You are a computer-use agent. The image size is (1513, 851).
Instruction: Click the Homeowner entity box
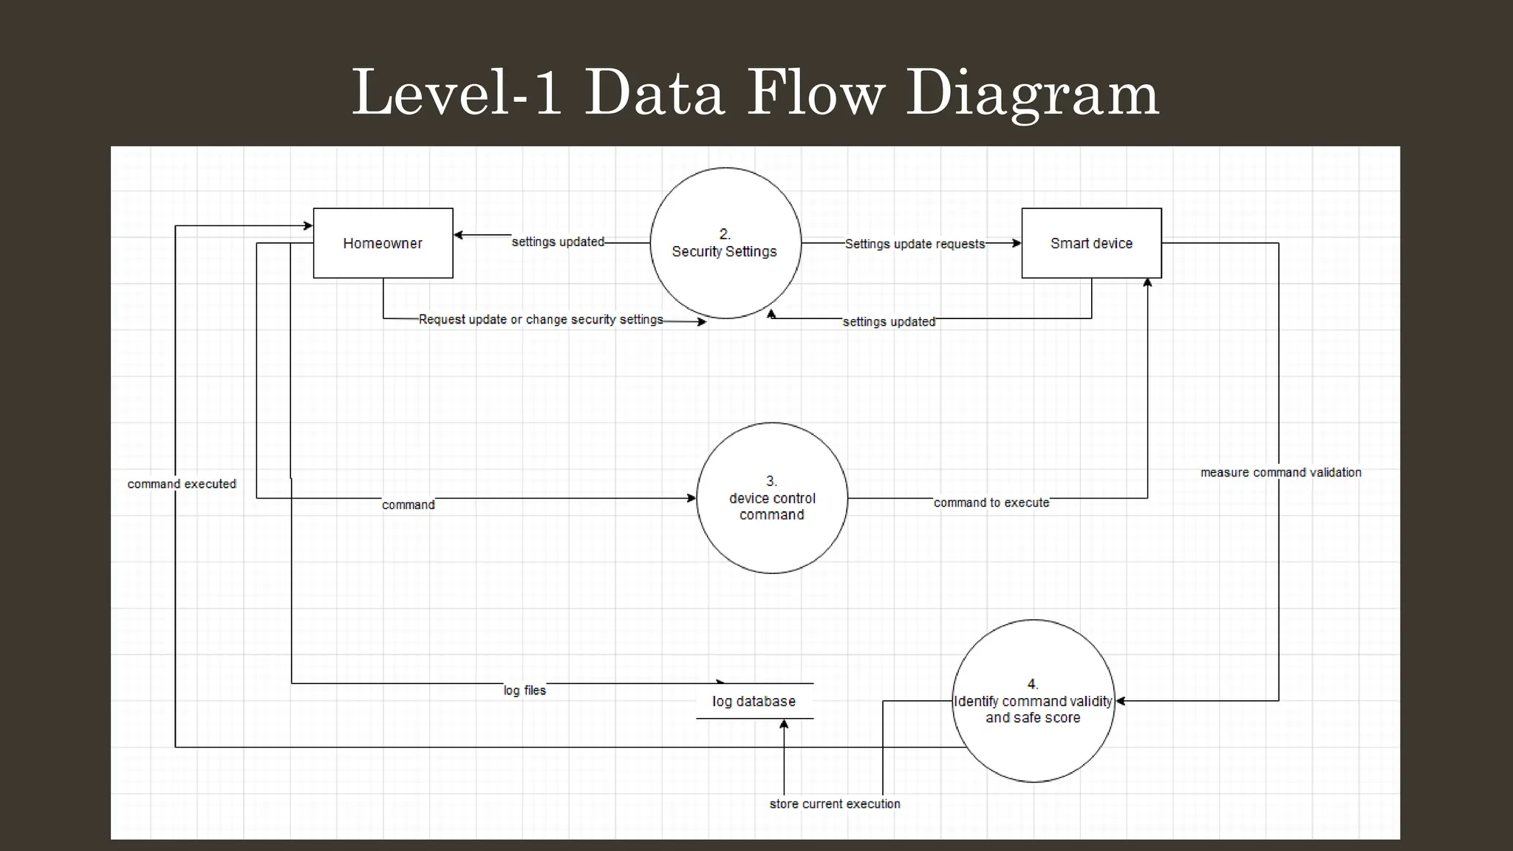tap(383, 243)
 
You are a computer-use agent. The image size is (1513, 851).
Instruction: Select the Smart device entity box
tap(1091, 243)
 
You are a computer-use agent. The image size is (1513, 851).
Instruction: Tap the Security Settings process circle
tap(725, 243)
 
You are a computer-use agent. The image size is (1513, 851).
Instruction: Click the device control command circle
tap(772, 498)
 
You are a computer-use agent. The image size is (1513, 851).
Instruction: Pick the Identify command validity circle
tap(1033, 701)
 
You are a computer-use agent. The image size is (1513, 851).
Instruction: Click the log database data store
tap(754, 701)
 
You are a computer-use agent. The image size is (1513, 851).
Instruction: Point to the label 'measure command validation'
tap(1280, 472)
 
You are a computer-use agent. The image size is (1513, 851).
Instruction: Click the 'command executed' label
tap(182, 484)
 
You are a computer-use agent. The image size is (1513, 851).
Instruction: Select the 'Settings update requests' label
tap(915, 244)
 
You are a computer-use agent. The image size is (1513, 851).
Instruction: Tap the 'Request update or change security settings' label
tap(541, 319)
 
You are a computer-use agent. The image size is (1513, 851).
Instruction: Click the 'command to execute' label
tap(991, 502)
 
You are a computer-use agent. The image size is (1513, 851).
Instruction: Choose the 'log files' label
tap(525, 690)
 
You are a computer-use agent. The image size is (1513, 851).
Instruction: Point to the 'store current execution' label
tap(835, 804)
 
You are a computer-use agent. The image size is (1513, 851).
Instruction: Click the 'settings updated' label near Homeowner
tap(558, 242)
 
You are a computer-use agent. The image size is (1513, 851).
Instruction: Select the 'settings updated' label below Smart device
tap(889, 321)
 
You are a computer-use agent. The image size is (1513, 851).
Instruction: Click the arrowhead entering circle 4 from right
tap(1120, 701)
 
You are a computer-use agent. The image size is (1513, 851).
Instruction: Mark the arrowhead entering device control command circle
tap(691, 498)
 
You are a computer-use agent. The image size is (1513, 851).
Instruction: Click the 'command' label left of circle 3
tap(408, 505)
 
